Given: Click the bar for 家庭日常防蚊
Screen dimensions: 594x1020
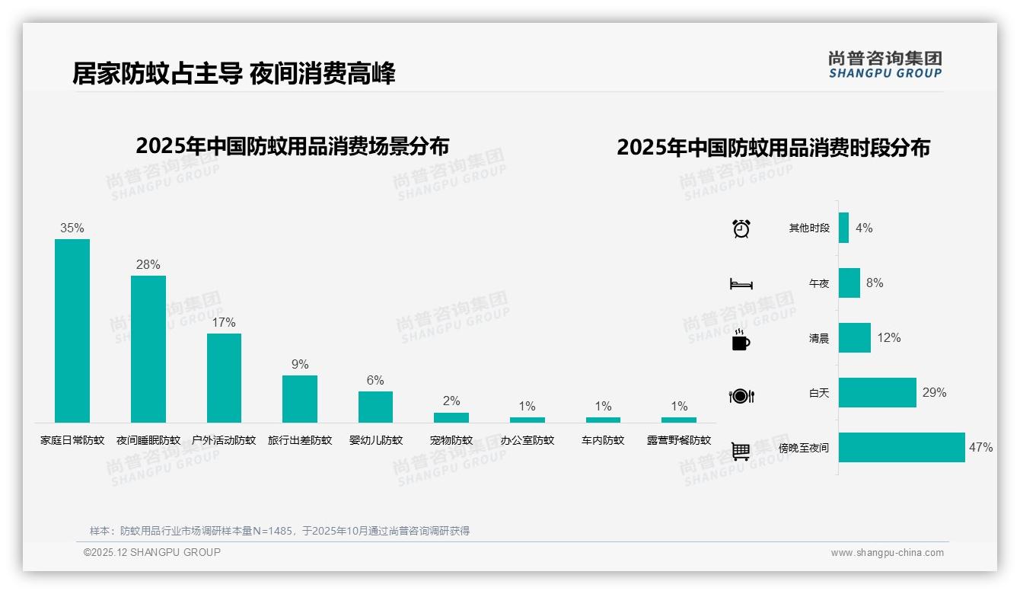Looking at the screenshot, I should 72,331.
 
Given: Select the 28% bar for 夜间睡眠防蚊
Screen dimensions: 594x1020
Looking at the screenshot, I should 148,349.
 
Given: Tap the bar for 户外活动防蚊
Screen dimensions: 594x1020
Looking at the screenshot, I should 224,378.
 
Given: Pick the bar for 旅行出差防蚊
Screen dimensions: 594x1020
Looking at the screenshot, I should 300,398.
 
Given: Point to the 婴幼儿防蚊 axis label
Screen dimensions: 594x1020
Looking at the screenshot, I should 375,440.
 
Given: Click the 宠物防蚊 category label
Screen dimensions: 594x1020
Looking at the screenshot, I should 451,440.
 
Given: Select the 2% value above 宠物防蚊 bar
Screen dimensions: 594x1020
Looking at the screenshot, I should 451,401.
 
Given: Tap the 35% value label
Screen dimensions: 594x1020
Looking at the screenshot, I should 72,228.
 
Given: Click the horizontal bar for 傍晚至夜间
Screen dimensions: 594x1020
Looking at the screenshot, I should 901,448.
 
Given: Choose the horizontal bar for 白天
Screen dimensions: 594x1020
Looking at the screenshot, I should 877,393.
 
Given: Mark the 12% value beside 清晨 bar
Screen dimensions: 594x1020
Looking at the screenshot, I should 888,337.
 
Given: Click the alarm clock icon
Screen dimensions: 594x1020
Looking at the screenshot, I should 741,228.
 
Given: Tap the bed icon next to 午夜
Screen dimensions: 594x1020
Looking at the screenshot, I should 741,284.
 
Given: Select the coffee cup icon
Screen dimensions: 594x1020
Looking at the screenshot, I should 741,340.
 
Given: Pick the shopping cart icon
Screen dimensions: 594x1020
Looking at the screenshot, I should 741,451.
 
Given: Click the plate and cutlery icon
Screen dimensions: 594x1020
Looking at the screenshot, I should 741,395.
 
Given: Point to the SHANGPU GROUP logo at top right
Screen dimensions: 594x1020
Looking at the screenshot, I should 885,65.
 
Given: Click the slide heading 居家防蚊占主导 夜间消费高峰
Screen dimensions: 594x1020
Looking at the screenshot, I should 234,74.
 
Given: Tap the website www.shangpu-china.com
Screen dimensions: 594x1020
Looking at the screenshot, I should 887,553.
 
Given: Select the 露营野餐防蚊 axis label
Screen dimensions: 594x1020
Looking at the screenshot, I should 679,440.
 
